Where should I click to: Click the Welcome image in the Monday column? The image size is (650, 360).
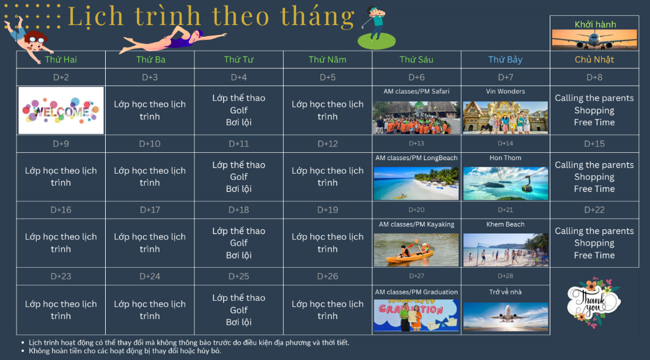61,110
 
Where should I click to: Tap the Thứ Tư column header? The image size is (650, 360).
238,60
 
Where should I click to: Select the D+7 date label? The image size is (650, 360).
505,78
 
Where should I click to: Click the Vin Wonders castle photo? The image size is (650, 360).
505,117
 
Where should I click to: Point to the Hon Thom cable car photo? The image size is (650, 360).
505,183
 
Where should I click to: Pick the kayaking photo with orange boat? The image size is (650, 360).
416,250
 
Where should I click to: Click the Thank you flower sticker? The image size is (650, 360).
594,302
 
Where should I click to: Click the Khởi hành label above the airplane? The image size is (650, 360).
595,24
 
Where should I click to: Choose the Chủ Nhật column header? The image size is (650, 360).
594,60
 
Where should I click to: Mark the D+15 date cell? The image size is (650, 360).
594,144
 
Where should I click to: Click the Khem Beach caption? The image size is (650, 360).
505,224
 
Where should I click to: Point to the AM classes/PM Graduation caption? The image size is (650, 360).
416,292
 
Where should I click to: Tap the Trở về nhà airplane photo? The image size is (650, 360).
505,317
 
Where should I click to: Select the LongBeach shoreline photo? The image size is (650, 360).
416,183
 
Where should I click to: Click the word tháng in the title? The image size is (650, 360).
317,17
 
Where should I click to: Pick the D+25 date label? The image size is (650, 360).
238,276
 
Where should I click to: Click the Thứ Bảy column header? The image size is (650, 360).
505,60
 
